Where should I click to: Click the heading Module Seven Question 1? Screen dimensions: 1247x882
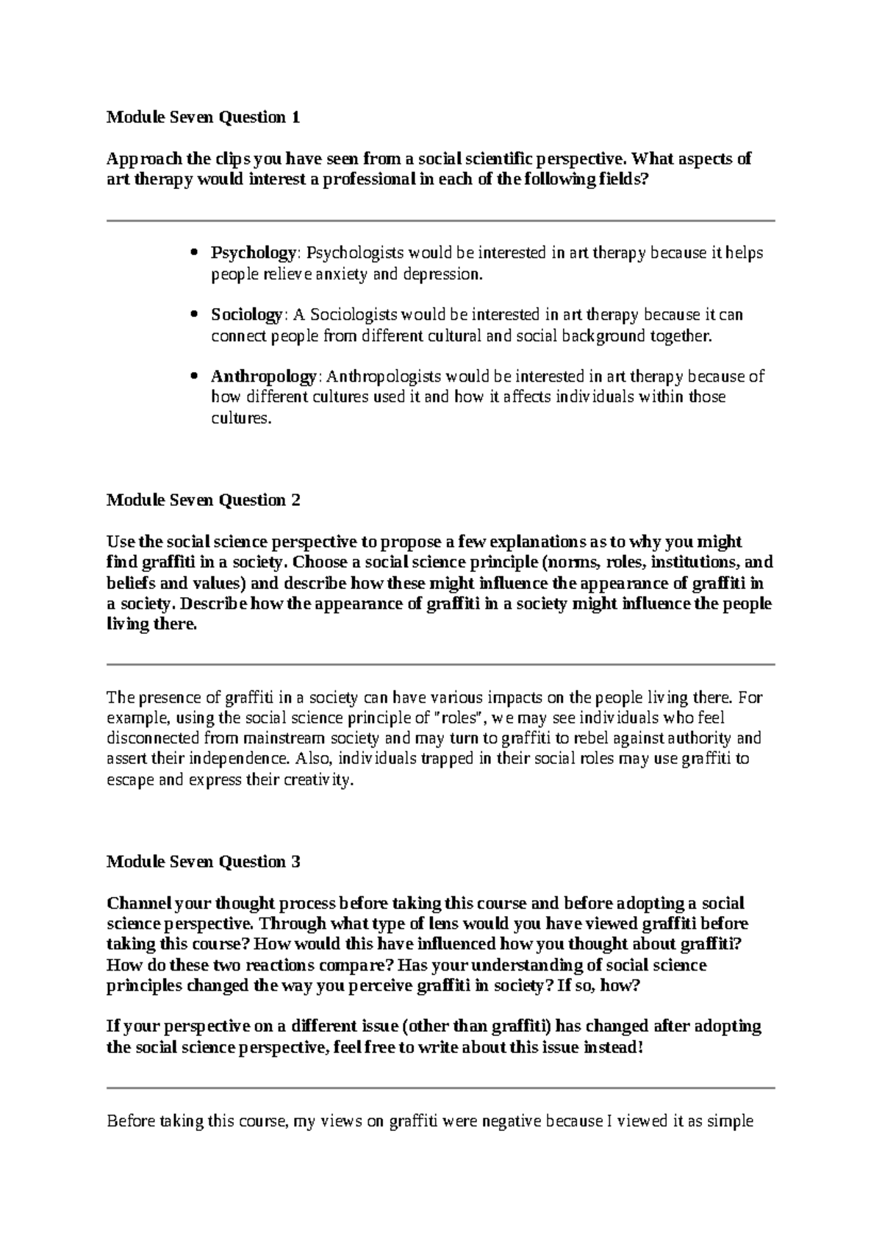click(x=204, y=117)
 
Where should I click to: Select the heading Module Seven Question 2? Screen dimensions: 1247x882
click(x=204, y=500)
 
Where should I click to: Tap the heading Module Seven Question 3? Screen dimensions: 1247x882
click(x=204, y=861)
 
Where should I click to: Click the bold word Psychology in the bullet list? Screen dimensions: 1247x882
click(x=253, y=253)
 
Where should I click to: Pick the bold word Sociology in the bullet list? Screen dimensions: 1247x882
click(x=246, y=315)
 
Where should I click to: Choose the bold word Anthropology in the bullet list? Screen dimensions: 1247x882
click(x=263, y=376)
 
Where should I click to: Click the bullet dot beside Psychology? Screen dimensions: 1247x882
click(x=194, y=253)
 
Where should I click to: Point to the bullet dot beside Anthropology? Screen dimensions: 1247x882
click(x=194, y=376)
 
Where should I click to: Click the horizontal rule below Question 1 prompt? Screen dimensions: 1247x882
click(x=441, y=221)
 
